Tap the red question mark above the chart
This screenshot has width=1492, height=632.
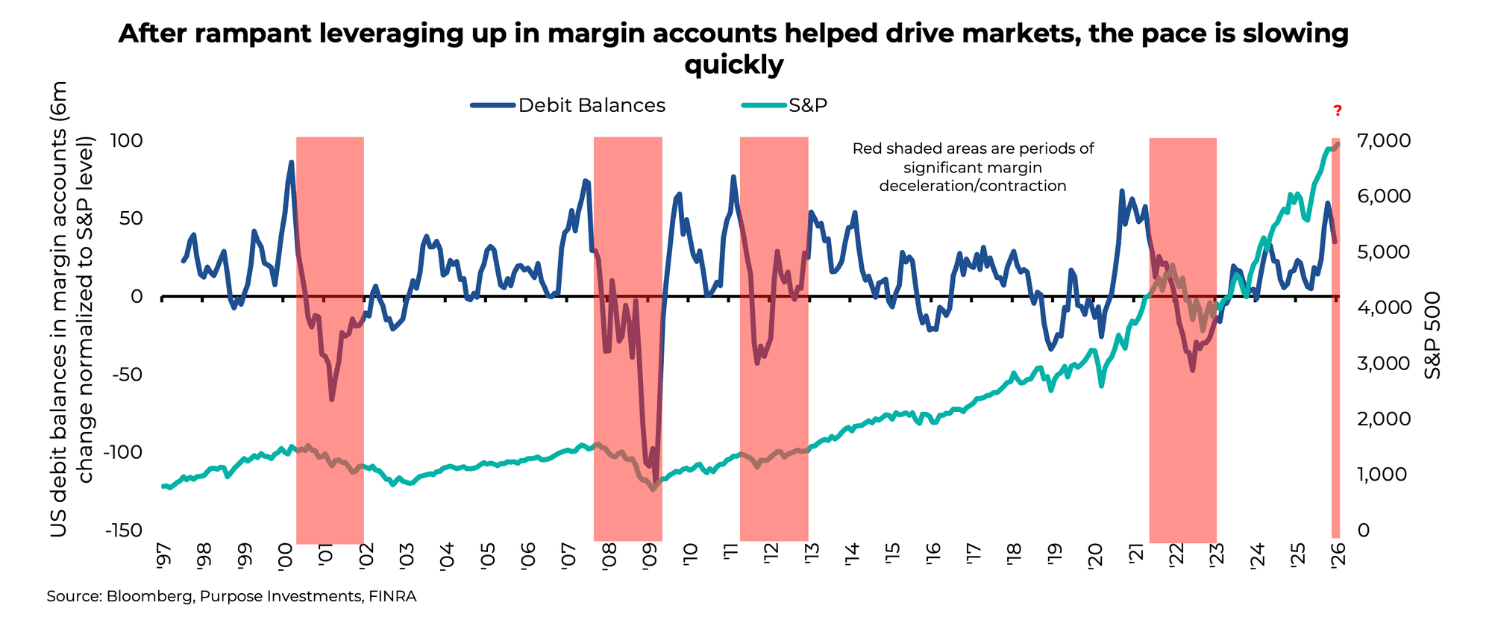pos(1338,111)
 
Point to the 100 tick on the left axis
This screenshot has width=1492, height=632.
pos(126,141)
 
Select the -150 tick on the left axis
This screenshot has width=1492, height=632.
pos(123,531)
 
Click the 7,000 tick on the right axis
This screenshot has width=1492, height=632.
pos(1383,141)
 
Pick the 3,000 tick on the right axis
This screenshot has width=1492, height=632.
pos(1383,363)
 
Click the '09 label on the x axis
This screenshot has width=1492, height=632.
pos(648,557)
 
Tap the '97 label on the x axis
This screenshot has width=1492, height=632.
pos(163,557)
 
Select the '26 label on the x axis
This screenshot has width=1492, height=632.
pos(1337,557)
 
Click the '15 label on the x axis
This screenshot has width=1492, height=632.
pos(891,557)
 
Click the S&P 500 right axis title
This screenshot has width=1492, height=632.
pos(1432,334)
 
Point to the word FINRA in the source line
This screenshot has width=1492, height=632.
pos(392,597)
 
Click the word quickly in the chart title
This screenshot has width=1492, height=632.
pos(734,66)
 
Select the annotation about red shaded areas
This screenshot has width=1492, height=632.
pos(973,167)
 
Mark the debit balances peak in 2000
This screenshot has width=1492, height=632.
pos(291,162)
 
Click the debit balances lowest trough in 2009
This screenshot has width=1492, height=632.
pos(655,481)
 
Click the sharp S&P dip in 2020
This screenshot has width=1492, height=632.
pos(1101,385)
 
